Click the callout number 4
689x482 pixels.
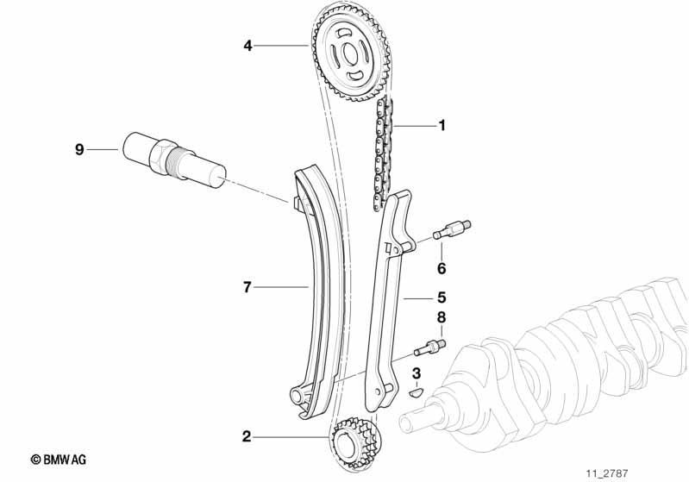coord(247,45)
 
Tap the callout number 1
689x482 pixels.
coord(442,126)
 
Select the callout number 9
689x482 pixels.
coord(79,150)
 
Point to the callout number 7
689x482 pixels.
coord(247,287)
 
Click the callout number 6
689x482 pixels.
coord(442,268)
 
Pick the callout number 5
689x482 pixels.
coord(442,297)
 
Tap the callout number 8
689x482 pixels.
coord(442,317)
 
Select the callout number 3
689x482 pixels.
coord(417,374)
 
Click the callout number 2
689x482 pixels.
coord(247,437)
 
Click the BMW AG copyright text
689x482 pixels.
coord(59,460)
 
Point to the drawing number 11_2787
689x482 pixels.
coord(607,473)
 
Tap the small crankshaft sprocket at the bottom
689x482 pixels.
coord(355,445)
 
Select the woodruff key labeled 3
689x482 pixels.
coord(416,391)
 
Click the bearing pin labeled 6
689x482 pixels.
coord(452,230)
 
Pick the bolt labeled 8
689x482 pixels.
coord(429,347)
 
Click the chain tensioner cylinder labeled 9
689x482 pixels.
coord(174,160)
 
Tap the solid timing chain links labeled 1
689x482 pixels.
coord(383,153)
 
